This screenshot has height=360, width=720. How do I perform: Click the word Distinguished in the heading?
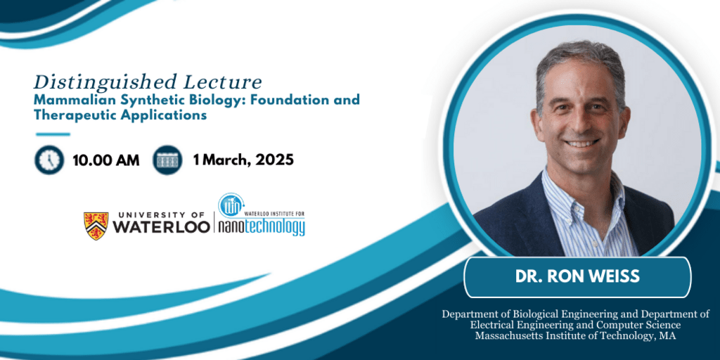105,83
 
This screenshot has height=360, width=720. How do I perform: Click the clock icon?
49,160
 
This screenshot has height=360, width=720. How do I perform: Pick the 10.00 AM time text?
106,160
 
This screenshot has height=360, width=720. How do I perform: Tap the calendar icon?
167,160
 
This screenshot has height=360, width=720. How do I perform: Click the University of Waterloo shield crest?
96,226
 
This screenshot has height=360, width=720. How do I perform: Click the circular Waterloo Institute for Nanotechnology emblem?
231,206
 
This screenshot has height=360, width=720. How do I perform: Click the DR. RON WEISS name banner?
577,277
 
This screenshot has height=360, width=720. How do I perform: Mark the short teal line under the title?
53,134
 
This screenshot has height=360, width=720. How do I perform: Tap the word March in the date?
223,160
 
